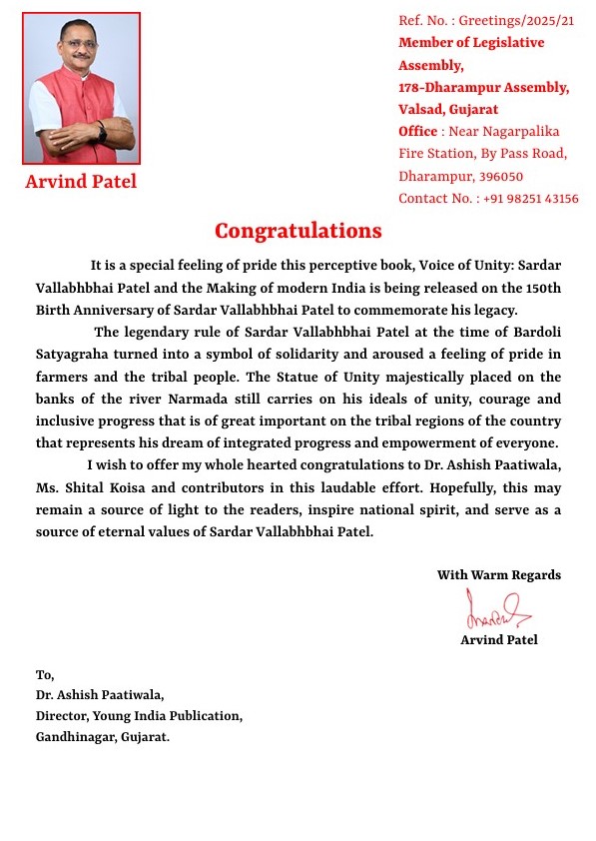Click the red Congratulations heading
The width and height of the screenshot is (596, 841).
(x=298, y=231)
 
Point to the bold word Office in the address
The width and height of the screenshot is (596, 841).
(x=417, y=131)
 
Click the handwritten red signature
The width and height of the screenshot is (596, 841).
(x=496, y=608)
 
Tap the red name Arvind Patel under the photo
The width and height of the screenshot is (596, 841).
(x=81, y=182)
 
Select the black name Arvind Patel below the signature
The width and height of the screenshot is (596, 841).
(x=498, y=639)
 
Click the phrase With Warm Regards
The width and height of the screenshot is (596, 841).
(x=498, y=574)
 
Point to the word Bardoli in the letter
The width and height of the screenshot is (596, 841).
(x=535, y=333)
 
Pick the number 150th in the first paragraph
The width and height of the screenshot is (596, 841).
(x=541, y=288)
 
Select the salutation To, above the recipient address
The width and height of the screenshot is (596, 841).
(x=45, y=674)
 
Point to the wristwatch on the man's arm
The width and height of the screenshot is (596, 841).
(x=101, y=130)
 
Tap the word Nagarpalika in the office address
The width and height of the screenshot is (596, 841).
(x=518, y=131)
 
